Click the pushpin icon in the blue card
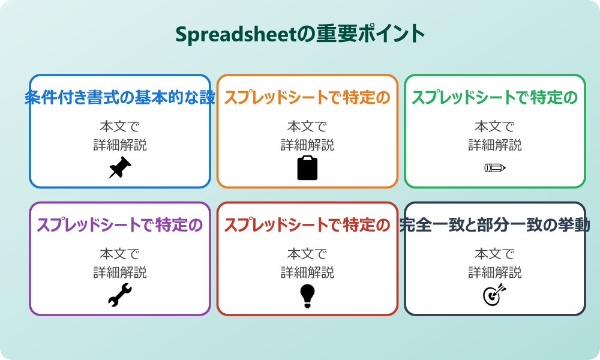click(120, 167)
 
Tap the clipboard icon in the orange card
click(307, 167)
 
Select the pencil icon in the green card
click(495, 167)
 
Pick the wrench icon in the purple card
click(120, 295)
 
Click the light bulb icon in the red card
click(307, 295)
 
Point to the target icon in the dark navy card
click(495, 295)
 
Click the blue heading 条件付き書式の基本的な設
click(120, 98)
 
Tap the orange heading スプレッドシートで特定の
click(307, 98)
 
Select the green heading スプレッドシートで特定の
click(495, 98)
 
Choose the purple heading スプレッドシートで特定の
click(120, 226)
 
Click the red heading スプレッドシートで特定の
click(307, 226)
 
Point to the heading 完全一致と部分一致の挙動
click(495, 226)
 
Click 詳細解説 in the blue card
click(120, 145)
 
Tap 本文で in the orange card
click(307, 127)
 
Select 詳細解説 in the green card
click(495, 145)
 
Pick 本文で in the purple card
click(120, 254)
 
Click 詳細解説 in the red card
click(307, 272)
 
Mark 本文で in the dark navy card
click(495, 254)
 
